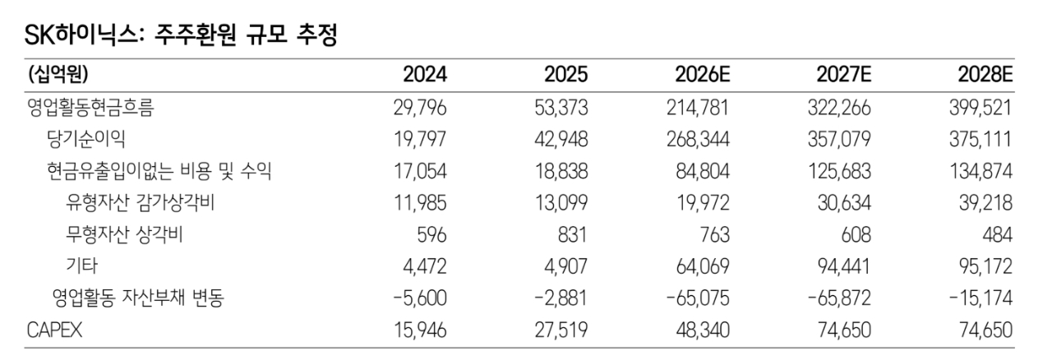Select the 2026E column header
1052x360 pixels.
tap(703, 75)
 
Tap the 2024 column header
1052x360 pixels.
tap(425, 75)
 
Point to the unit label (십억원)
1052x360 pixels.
tap(58, 74)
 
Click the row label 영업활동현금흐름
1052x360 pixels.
tap(90, 108)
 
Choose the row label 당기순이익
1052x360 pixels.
tap(86, 139)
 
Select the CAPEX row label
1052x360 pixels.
tap(54, 330)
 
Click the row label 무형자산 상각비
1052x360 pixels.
tap(124, 234)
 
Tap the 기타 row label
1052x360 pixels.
tap(81, 266)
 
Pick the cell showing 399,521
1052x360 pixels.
tap(980, 108)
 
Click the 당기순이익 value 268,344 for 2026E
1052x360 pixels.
tap(698, 140)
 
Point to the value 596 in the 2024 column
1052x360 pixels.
tap(431, 235)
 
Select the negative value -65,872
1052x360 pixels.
tap(839, 298)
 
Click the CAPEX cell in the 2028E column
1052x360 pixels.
tap(985, 330)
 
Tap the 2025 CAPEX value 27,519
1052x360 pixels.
tap(561, 330)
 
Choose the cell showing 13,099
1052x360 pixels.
tap(561, 203)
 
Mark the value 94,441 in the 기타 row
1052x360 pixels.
tap(844, 266)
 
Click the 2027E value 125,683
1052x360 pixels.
tap(839, 172)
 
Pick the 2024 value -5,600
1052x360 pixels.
tap(419, 298)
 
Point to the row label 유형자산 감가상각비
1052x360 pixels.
tap(140, 202)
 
